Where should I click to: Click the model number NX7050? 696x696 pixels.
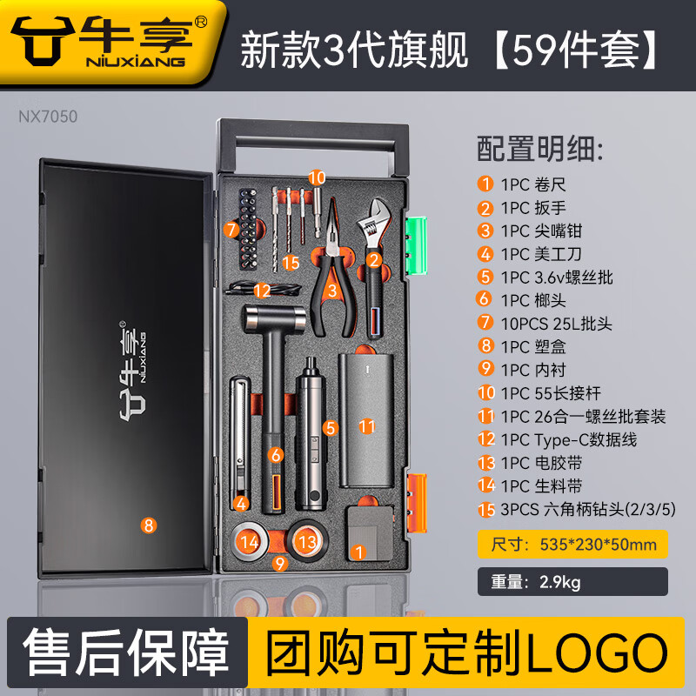tap(48, 117)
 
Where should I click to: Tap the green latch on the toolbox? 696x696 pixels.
tap(416, 245)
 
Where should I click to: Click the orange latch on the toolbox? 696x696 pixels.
tap(418, 503)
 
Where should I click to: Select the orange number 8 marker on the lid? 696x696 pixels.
tap(148, 525)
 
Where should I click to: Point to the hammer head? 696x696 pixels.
tap(274, 318)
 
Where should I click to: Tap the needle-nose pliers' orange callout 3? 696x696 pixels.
tap(332, 291)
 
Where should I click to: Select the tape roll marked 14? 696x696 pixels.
tap(250, 541)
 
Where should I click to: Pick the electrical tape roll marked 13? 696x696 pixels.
tap(307, 541)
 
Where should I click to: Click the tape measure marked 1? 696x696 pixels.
tap(369, 533)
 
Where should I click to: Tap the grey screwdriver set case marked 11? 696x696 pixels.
tap(366, 420)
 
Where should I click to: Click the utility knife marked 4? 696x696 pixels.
tap(240, 443)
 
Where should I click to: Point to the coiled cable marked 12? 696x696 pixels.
tap(264, 289)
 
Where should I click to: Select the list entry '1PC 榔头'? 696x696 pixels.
tap(533, 300)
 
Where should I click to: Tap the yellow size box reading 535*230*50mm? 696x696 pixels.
tap(572, 545)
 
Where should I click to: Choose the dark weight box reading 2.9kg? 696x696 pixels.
tap(572, 581)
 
